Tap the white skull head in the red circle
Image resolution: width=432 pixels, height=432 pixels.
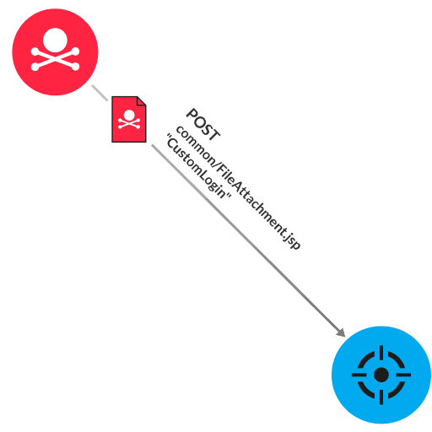tap(54, 39)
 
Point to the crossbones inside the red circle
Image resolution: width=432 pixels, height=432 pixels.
tap(55, 59)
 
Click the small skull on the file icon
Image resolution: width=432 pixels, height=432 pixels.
tap(129, 120)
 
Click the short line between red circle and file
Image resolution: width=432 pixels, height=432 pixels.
tap(100, 92)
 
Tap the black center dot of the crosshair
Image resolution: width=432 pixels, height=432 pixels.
tap(381, 374)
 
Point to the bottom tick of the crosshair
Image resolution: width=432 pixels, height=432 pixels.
tap(381, 397)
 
